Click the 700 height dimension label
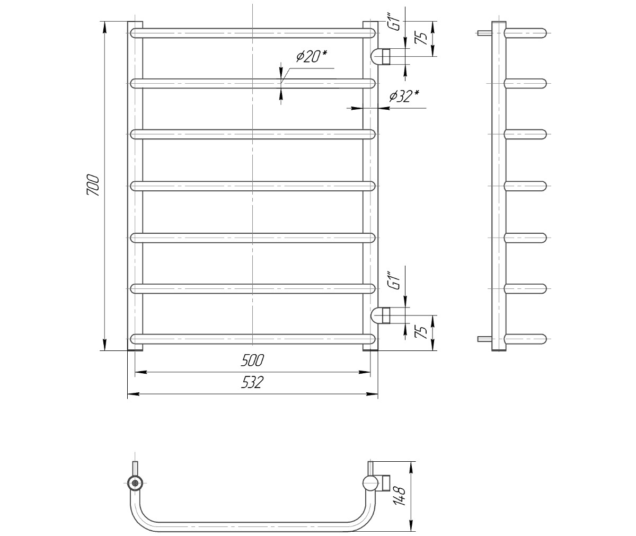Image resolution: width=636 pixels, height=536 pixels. click(x=93, y=185)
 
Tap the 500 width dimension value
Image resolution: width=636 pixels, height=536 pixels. click(x=252, y=361)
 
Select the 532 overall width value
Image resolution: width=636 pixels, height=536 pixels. click(x=252, y=382)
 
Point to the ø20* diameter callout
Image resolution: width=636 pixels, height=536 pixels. click(x=312, y=56)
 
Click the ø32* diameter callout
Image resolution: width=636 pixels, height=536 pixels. click(x=404, y=96)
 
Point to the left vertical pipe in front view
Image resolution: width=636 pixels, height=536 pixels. click(x=135, y=186)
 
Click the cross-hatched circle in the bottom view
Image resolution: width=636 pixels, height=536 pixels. click(x=135, y=484)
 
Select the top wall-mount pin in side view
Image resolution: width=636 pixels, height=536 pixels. click(x=484, y=33)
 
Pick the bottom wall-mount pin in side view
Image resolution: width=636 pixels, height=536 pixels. click(x=484, y=339)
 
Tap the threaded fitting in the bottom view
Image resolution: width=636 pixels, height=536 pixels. click(x=386, y=484)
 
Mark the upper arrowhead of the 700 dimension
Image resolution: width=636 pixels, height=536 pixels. click(x=104, y=27)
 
